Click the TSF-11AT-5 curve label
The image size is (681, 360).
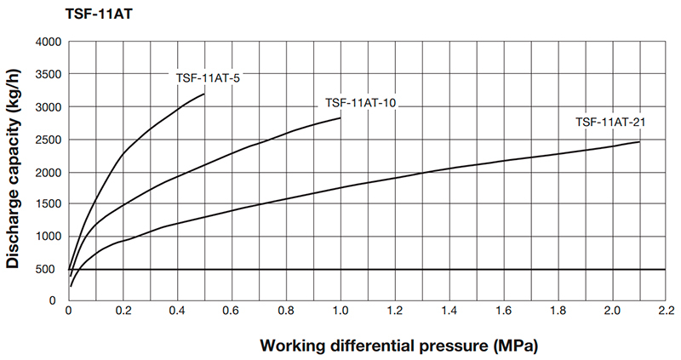pos(206,78)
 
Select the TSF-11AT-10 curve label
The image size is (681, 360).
pos(361,103)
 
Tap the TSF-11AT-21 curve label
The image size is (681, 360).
pos(610,123)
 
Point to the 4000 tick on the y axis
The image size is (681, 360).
pos(47,42)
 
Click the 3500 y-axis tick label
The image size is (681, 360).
pos(47,74)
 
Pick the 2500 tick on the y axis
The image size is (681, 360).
pos(47,140)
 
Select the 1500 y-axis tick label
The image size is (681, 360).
pos(47,204)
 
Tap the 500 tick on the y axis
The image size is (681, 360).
pos(50,270)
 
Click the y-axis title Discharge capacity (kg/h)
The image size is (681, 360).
pos(14,170)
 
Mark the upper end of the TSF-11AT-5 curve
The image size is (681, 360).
pos(205,94)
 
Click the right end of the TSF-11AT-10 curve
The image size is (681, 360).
pos(340,118)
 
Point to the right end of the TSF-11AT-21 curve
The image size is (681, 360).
pos(639,141)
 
